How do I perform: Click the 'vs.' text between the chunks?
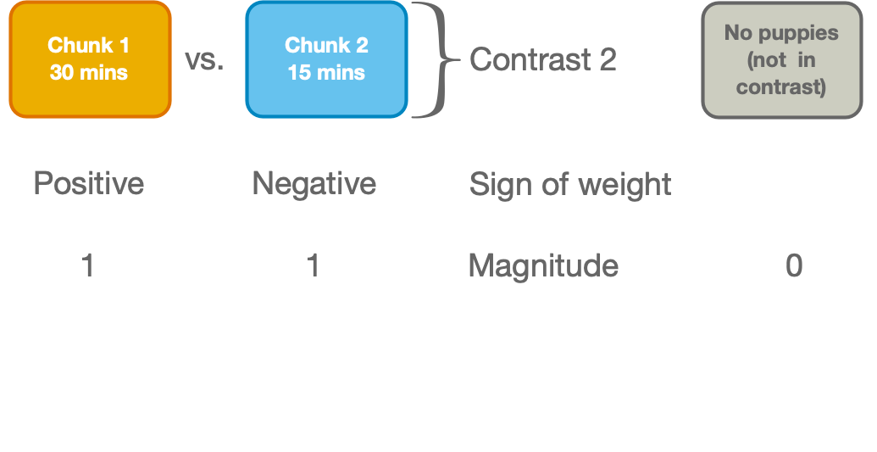tap(204, 61)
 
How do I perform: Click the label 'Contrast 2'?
tap(542, 60)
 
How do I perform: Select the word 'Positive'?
tap(88, 184)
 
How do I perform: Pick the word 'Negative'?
tap(314, 184)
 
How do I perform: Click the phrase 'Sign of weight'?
tap(570, 184)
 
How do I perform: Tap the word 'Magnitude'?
tap(543, 266)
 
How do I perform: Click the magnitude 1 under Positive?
tap(87, 266)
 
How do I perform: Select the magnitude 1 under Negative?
tap(313, 266)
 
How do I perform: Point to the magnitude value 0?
tap(794, 266)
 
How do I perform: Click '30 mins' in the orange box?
tap(89, 72)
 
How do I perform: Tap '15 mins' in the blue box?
tap(326, 72)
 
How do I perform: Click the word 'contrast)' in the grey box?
tap(781, 87)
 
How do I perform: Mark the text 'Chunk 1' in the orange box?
tap(89, 45)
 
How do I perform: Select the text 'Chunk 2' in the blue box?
tap(326, 45)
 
